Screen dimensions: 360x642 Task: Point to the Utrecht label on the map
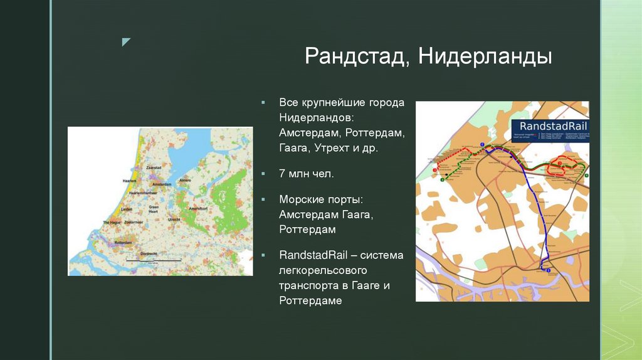174,220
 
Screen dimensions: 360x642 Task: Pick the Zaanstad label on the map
154,168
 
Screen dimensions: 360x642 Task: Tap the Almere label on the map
185,180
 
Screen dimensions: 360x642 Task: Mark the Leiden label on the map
126,208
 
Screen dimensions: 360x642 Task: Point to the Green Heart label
154,209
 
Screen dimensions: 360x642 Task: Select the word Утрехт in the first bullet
338,149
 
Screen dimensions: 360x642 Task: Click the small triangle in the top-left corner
126,42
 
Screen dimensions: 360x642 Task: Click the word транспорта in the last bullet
310,285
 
